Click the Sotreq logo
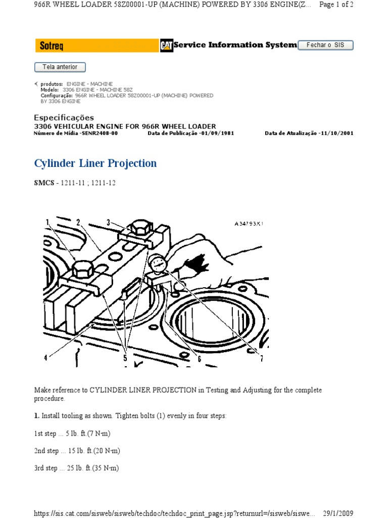[x=49, y=46]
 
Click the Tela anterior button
[x=60, y=67]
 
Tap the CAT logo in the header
[x=166, y=46]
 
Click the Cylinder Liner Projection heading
[x=95, y=163]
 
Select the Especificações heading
[x=64, y=117]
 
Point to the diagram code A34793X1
[x=249, y=223]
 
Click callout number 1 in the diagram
[x=47, y=222]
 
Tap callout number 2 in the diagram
[x=78, y=222]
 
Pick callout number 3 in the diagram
[x=108, y=222]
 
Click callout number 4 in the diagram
[x=45, y=358]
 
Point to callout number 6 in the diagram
[x=200, y=359]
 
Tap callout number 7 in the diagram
[x=262, y=359]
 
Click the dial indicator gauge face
[x=158, y=263]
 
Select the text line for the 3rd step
[x=76, y=468]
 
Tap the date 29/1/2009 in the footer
[x=338, y=513]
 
